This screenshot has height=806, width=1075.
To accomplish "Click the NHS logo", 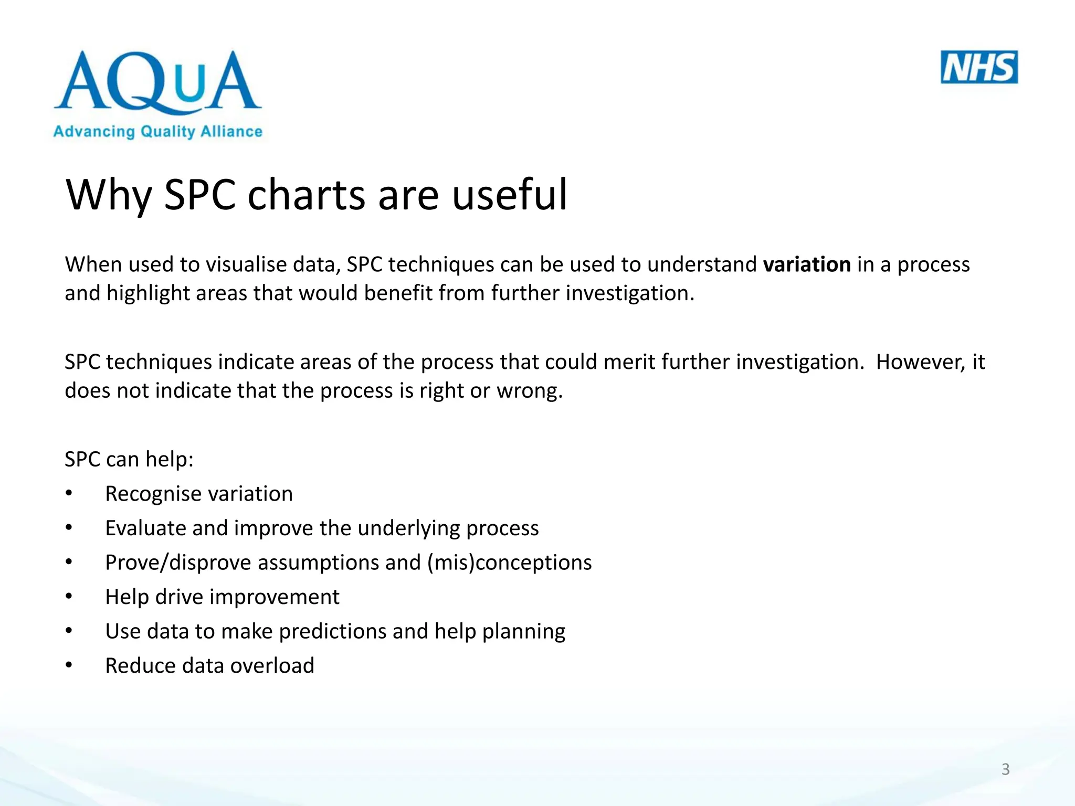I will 979,67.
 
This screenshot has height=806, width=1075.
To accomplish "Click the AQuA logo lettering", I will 157,81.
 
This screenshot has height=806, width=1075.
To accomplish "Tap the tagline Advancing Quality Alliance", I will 157,131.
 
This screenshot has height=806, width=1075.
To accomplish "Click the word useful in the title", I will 509,195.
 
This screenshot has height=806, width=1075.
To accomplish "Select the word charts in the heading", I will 306,195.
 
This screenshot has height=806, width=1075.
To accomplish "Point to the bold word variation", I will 807,264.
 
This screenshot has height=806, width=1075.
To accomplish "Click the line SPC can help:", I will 129,460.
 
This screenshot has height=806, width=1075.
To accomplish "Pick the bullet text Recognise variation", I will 199,494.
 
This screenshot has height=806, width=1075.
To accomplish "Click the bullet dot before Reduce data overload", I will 69,665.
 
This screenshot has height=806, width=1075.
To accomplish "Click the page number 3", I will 1005,769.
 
